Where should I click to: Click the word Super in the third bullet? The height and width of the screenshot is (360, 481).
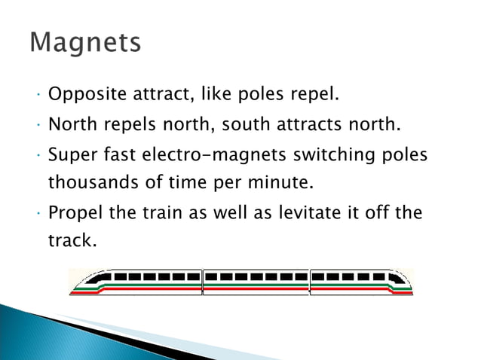(70, 154)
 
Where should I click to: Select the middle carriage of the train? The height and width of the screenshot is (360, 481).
(256, 282)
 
